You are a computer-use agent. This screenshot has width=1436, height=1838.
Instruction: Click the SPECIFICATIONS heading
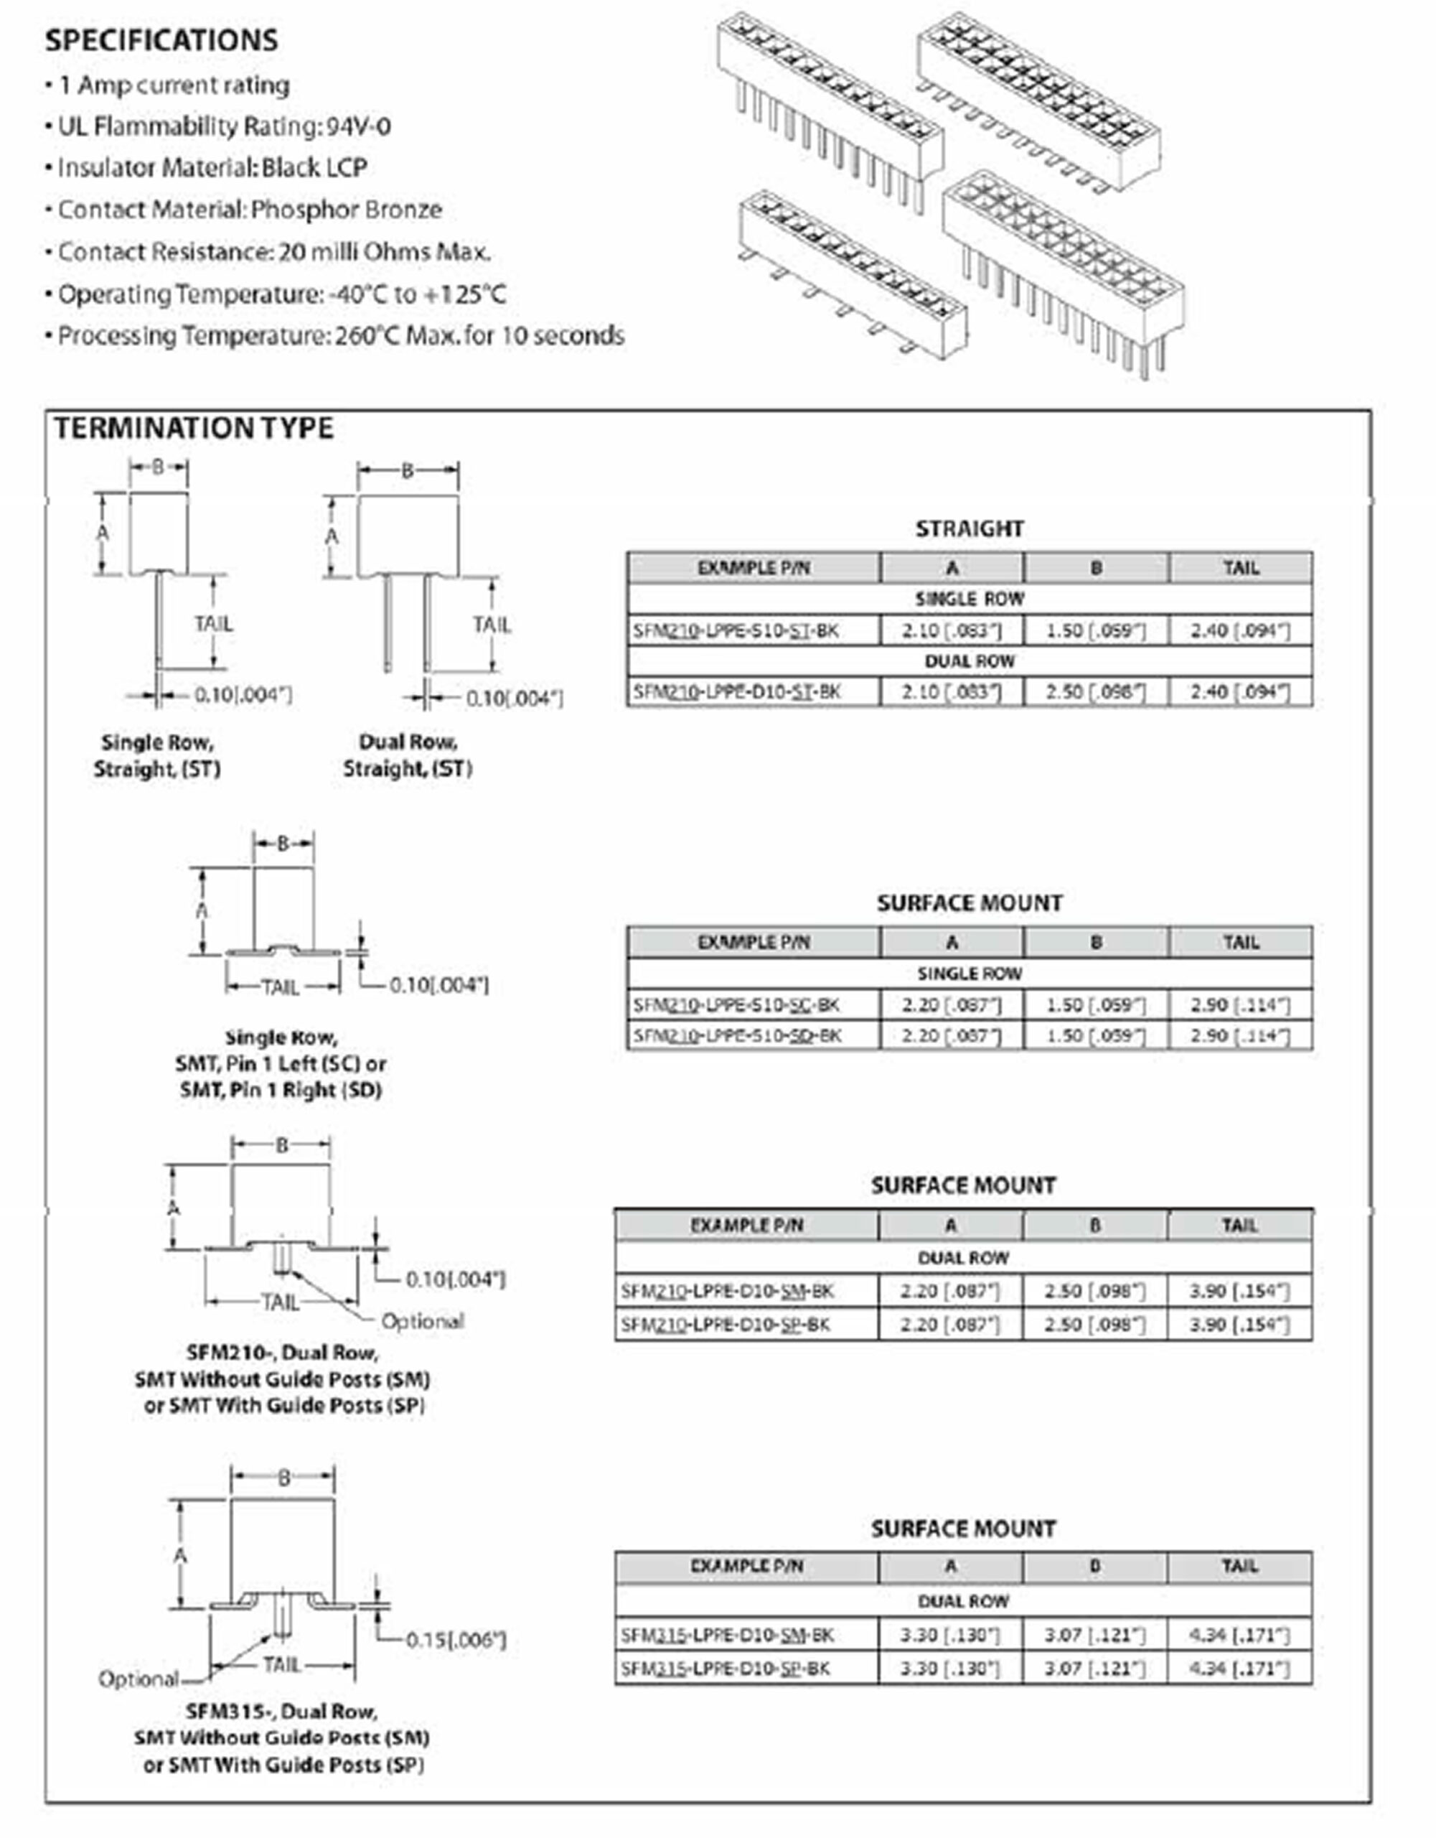pos(161,40)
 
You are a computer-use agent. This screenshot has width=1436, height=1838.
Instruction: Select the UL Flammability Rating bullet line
pos(224,126)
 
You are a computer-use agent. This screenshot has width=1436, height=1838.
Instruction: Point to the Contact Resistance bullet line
pos(273,251)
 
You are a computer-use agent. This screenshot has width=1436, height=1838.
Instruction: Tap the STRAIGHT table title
pos(969,528)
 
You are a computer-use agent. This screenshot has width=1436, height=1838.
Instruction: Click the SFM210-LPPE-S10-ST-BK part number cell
pos(736,630)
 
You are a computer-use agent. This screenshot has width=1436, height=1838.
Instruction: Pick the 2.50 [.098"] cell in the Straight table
pos(1095,692)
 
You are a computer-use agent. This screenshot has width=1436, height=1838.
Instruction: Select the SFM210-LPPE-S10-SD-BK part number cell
pos(737,1035)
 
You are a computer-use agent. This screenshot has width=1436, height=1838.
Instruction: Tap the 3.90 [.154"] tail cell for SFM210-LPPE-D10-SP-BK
pos(1239,1324)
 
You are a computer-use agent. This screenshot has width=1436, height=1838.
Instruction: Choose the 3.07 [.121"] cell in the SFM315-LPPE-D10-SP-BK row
pos(1094,1668)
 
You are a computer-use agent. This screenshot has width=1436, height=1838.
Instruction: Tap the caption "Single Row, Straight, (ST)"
pos(157,756)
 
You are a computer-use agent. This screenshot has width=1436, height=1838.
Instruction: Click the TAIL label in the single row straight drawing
pos(213,624)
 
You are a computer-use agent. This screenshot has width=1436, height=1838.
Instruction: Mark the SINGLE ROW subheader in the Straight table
pos(969,600)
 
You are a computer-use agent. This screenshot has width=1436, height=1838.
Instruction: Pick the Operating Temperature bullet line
pos(282,294)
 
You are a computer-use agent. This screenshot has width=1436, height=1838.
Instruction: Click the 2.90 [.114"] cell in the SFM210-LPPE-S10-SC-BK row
pos(1239,1005)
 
